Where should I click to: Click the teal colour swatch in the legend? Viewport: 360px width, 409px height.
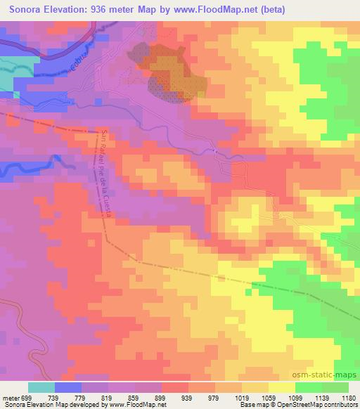41,387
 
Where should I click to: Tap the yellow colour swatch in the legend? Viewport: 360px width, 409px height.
282,387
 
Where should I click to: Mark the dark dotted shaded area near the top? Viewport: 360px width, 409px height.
169,77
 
